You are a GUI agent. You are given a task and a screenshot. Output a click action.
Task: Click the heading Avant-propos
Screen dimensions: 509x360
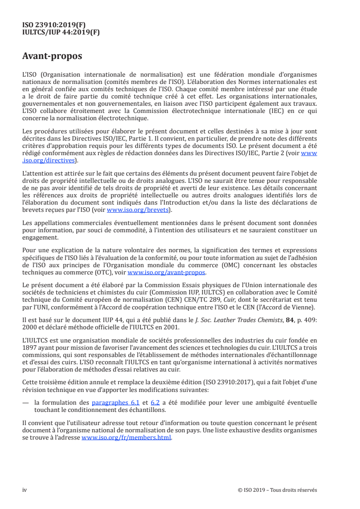[x=52, y=57]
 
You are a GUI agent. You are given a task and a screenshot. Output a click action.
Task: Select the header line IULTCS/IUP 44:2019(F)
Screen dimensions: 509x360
[x=61, y=33]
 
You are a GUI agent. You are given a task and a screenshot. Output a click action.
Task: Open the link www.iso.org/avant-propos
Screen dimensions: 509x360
[x=167, y=273]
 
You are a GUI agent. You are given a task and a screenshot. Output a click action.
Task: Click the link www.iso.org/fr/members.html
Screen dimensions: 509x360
[x=127, y=438]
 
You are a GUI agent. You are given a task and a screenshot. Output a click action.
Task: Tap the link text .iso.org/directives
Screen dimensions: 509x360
[x=50, y=160]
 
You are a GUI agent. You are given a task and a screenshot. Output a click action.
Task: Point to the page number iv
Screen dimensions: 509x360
[x=25, y=490]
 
